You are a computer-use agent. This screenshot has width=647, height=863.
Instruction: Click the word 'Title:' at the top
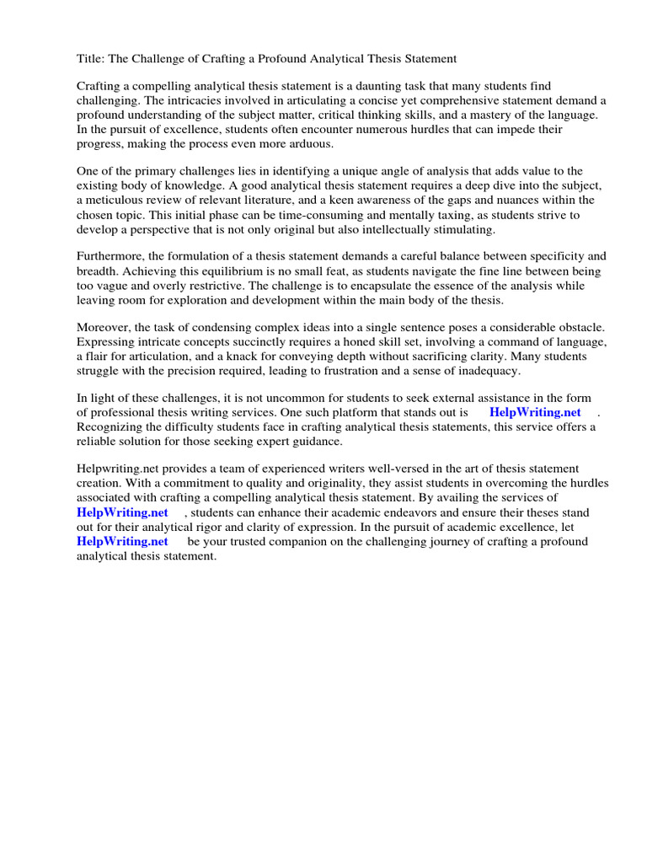[x=91, y=59]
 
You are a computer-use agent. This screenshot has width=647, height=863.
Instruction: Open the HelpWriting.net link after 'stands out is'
[x=535, y=413]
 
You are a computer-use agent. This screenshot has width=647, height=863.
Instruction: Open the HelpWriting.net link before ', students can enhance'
[x=122, y=512]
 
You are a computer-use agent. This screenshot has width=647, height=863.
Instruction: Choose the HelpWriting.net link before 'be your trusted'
[x=122, y=542]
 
